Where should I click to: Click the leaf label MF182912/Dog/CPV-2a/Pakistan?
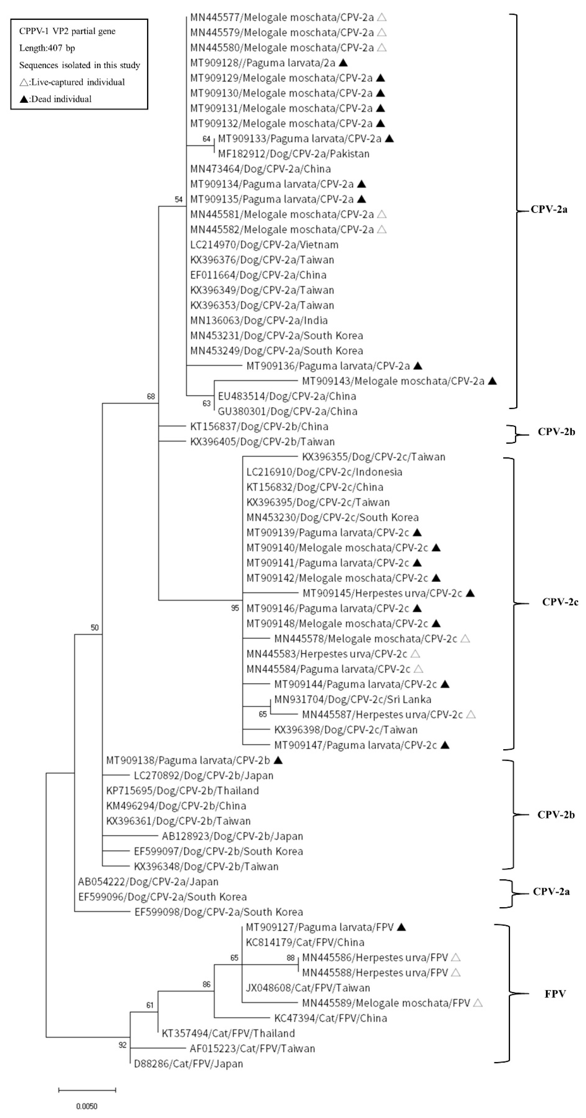click(294, 154)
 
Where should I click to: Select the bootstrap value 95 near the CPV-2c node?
click(235, 608)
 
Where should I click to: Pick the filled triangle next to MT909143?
click(492, 381)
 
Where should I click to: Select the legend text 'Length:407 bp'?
click(47, 48)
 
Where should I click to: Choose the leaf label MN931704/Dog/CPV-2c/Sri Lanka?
click(353, 699)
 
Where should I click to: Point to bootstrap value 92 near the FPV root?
click(122, 1045)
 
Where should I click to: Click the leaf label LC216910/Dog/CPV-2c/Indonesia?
click(324, 472)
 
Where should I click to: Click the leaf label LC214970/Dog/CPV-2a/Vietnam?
click(264, 245)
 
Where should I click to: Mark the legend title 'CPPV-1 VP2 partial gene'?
click(67, 31)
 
